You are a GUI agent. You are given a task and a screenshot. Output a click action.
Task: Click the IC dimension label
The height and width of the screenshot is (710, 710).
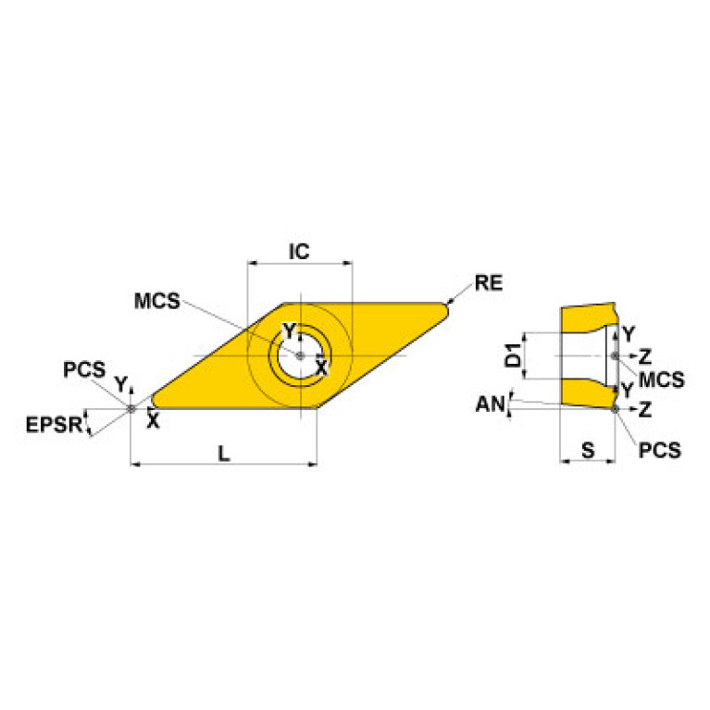point(298,251)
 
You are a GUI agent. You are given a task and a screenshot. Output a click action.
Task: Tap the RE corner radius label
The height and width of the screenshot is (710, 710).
point(487,283)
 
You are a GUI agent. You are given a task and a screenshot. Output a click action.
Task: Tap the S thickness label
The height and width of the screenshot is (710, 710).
point(587,450)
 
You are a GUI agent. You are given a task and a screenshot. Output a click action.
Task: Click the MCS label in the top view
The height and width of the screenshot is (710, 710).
point(156,302)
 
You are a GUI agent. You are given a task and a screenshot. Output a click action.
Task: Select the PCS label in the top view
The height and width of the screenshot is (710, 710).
point(84,369)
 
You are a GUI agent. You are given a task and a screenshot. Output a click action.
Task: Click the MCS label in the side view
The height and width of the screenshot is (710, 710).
point(662,380)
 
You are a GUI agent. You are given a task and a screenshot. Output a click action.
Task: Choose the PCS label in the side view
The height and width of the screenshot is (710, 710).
point(660,450)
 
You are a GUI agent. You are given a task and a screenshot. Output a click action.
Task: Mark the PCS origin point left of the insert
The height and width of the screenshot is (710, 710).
point(131,408)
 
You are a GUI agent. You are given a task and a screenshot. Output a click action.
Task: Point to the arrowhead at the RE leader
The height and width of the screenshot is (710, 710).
point(450,302)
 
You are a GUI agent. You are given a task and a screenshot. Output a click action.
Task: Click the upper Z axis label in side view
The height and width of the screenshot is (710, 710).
point(644,355)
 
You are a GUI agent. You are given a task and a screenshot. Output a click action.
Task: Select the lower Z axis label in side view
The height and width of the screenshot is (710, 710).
point(644,407)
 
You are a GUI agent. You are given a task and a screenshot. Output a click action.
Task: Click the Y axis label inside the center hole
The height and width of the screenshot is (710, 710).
point(289,331)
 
